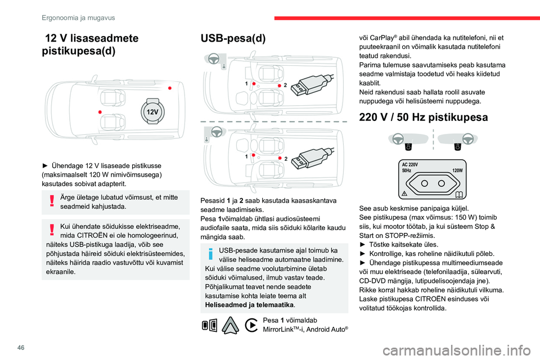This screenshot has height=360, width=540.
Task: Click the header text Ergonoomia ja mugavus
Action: pos(78,17)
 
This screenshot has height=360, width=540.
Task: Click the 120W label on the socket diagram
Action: pos(456,170)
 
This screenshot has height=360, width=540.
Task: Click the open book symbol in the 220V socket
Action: pos(459,194)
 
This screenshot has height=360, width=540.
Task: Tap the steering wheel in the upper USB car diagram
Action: pos(217,58)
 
